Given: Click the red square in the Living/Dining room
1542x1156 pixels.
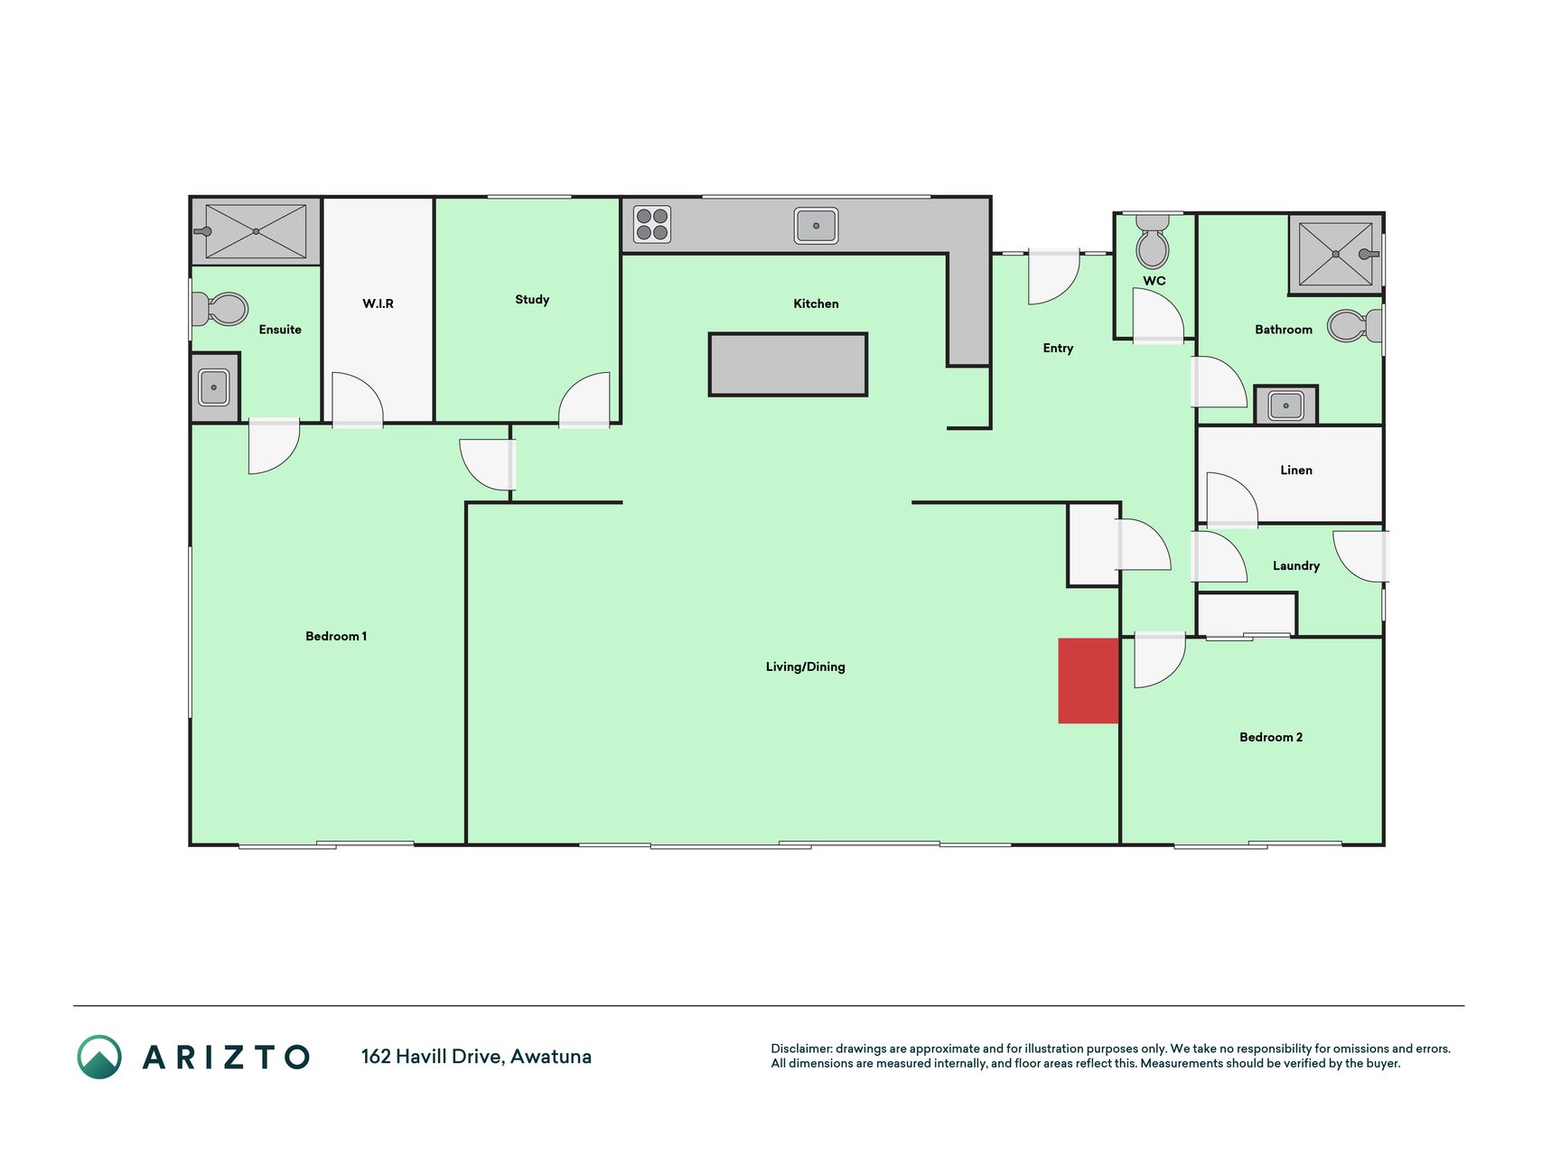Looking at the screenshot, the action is (1089, 681).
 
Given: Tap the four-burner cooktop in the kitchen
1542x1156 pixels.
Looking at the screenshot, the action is (652, 225).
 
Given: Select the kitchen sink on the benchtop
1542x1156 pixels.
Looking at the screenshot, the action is (816, 226).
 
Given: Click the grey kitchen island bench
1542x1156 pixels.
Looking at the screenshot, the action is (788, 365).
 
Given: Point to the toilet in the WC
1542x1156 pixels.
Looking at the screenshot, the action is (1153, 242).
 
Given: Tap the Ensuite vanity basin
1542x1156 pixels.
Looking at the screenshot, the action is (214, 387).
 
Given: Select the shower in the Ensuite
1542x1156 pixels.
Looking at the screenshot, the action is (256, 231).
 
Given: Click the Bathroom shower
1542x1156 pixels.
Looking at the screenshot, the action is (1335, 254).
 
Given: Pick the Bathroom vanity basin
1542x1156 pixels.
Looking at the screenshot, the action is (1285, 406).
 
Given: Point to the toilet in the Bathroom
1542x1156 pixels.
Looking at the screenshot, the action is (1354, 325).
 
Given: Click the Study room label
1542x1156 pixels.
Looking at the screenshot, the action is (532, 300).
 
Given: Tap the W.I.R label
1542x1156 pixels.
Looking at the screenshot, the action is (378, 303).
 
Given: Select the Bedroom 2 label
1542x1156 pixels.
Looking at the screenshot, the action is (1271, 737).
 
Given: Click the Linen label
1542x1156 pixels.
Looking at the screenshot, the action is (1296, 470).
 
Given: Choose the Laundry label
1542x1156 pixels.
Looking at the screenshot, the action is (1296, 566).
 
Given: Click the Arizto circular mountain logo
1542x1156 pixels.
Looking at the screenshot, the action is (99, 1057).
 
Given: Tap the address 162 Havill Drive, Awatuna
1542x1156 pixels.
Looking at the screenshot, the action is (476, 1057).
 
